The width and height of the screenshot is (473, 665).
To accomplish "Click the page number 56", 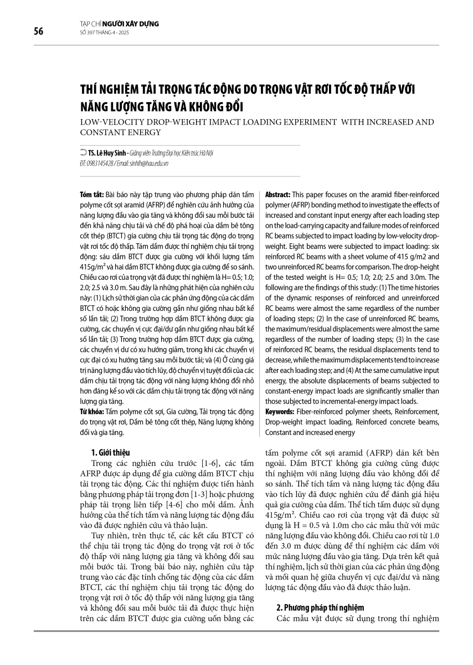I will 38,31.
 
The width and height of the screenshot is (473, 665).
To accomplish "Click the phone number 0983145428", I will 101,163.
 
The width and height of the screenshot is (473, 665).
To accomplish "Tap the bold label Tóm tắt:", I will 91,196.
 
